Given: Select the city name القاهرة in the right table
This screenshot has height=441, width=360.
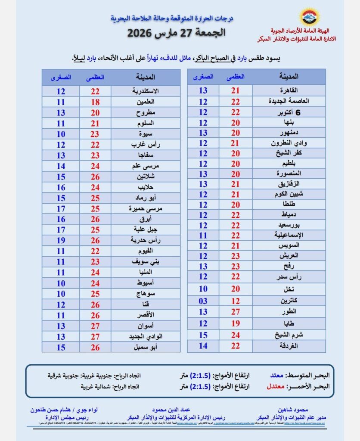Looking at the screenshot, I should pos(288,90).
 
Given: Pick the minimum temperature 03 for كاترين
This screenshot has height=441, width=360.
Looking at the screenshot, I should pos(203,301).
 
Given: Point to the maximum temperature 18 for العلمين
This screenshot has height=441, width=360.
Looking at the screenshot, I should pos(95,102).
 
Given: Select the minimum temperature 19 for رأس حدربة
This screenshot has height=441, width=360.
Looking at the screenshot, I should pos(61,240).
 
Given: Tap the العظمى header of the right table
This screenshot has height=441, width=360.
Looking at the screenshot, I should pos(235,76).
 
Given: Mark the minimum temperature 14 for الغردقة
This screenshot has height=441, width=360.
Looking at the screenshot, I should pos(203,345).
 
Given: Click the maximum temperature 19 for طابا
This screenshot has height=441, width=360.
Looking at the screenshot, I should pos(235,323).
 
